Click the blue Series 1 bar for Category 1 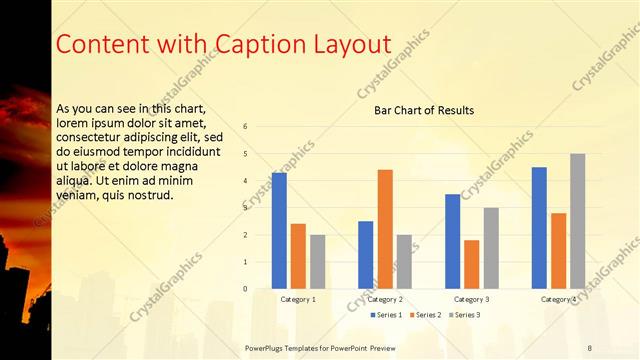point(279,230)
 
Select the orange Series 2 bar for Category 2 point(385,229)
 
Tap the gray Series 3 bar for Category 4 point(577,221)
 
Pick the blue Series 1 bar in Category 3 point(453,241)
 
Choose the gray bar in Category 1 point(317,261)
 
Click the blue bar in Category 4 point(539,227)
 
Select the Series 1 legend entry point(385,315)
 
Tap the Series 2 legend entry point(424,315)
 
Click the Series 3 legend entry point(464,315)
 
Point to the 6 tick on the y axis point(245,127)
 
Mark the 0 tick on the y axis point(245,289)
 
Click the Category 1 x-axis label point(298,299)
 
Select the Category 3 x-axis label point(472,299)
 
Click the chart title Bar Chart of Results point(424,110)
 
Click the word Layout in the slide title point(355,44)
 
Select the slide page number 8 point(589,347)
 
